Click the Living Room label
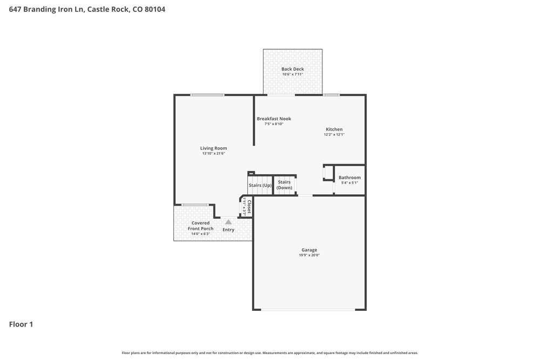click(x=213, y=148)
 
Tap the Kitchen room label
click(x=334, y=129)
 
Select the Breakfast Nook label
click(x=274, y=118)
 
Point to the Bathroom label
click(x=349, y=177)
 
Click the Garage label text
click(x=309, y=250)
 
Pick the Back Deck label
click(x=293, y=69)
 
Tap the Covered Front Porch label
click(x=200, y=226)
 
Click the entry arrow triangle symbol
click(x=228, y=222)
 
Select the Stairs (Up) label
click(x=260, y=185)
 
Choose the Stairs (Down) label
click(x=284, y=185)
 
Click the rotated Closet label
click(x=249, y=207)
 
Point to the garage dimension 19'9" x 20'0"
click(x=309, y=255)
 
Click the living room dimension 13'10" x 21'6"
click(x=213, y=153)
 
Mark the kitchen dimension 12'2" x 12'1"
click(x=334, y=134)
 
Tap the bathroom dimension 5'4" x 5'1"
click(x=349, y=182)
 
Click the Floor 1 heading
click(x=21, y=324)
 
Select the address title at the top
click(x=87, y=9)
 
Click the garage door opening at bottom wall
click(x=308, y=309)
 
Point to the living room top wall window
click(x=207, y=95)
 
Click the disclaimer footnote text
click(x=270, y=353)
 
